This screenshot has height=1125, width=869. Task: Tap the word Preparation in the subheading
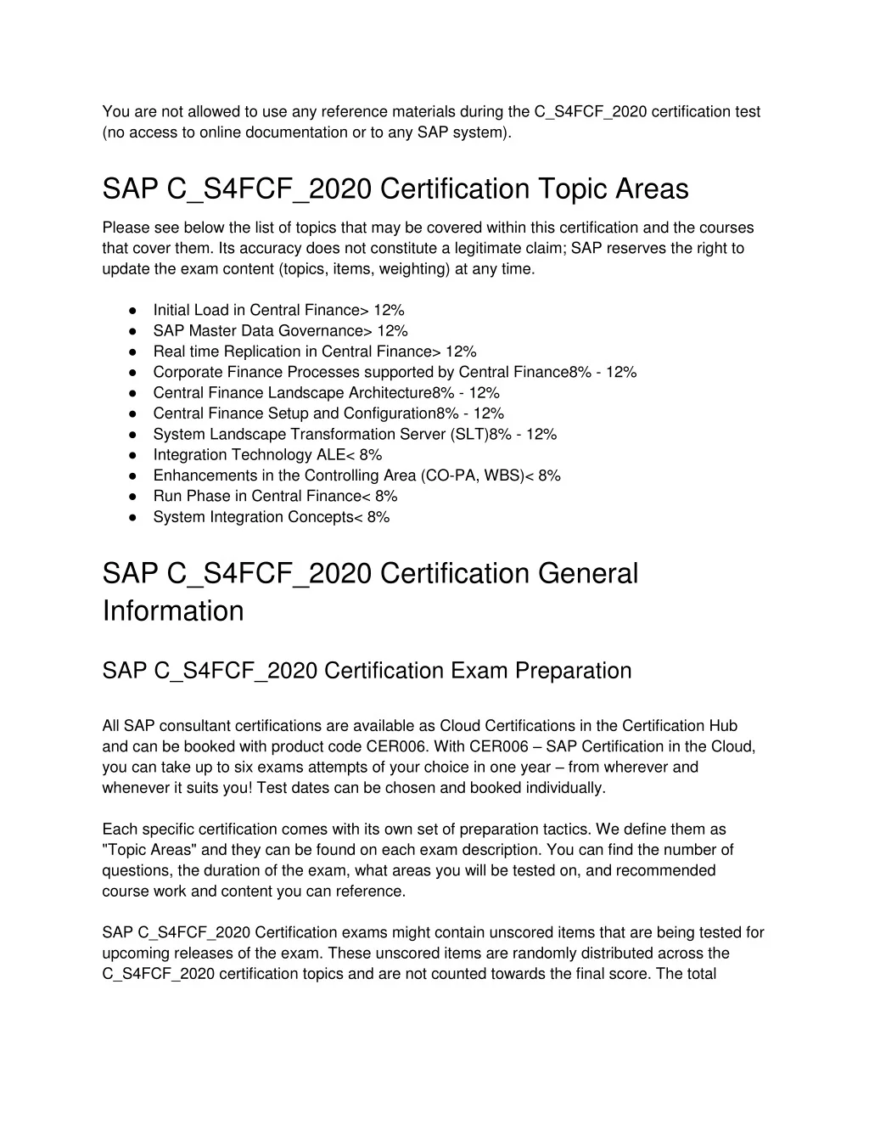point(568,671)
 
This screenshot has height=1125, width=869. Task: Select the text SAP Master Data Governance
point(257,331)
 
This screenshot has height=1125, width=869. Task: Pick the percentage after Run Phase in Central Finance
point(385,497)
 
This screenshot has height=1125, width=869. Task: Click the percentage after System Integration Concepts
point(378,517)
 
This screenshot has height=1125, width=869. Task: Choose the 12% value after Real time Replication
point(461,352)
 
